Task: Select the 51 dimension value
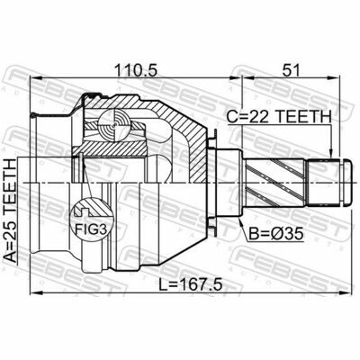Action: pos(292,68)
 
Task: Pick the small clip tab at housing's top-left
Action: pos(35,116)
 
